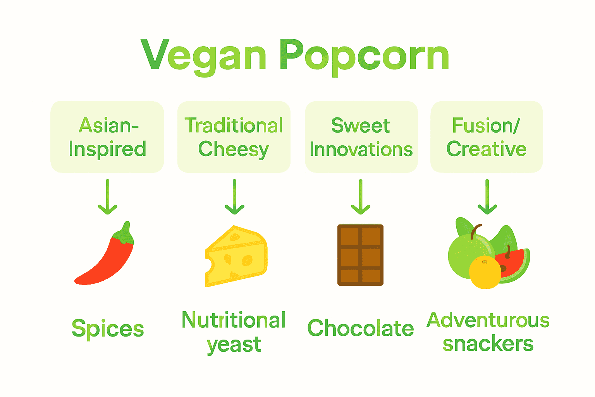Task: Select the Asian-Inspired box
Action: click(107, 137)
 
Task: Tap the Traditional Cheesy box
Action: click(234, 137)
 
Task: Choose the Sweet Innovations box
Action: click(361, 137)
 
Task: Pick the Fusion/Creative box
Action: click(487, 137)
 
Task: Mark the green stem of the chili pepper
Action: click(125, 233)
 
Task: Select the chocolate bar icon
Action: click(360, 255)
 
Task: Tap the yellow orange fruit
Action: click(485, 272)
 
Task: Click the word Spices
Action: click(108, 329)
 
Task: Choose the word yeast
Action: click(234, 345)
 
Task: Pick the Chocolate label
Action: click(361, 328)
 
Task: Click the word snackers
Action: click(488, 344)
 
